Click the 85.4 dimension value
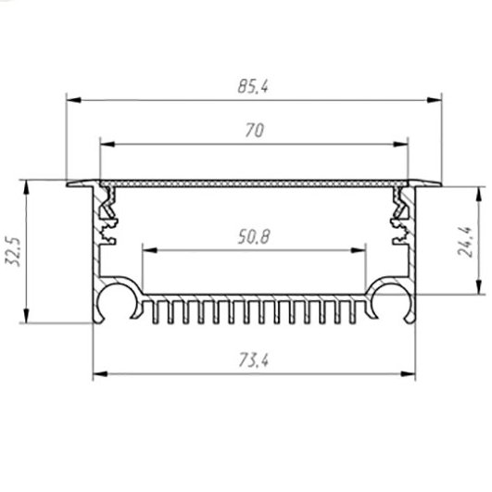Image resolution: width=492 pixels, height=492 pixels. [x=253, y=86]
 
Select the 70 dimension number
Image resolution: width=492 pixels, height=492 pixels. [x=255, y=131]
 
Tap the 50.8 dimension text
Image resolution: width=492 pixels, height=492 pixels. [x=254, y=237]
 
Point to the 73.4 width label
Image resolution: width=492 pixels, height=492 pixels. [x=254, y=360]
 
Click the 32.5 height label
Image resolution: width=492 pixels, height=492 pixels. [x=14, y=252]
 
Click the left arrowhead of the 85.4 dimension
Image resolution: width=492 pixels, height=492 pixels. [x=74, y=100]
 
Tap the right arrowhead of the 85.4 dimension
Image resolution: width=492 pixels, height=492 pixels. [x=434, y=100]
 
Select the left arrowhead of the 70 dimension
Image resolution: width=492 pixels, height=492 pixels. [x=107, y=144]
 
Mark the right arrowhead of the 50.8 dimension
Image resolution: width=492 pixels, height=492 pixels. [x=358, y=250]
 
